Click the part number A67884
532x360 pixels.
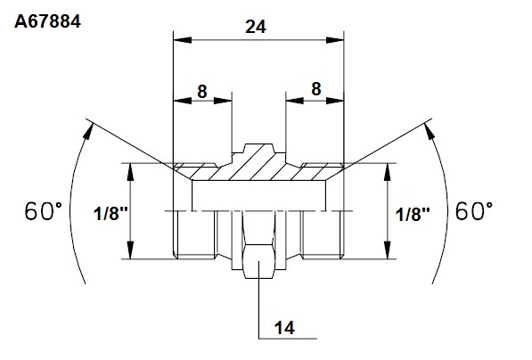coord(47,21)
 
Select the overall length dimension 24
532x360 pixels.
coord(256,27)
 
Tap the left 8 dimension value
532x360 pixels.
coord(202,91)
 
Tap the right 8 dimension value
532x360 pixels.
coord(315,89)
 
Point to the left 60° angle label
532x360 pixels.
coord(43,210)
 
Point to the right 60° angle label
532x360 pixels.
coord(474,210)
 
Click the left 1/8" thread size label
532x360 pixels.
coord(110,214)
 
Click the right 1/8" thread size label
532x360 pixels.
coord(413,215)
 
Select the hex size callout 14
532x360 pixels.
coord(284,328)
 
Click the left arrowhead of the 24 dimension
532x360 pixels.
coord(182,40)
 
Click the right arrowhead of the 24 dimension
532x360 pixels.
coord(335,40)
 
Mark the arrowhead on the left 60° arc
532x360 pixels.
coord(88,131)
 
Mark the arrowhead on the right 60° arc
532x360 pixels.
coord(430,131)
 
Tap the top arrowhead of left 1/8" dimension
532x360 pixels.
coord(131,172)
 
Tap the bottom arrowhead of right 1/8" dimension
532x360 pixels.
coord(388,250)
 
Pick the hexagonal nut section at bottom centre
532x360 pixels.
coord(258,260)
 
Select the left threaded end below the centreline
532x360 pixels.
coord(194,234)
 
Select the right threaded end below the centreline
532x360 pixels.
coord(323,234)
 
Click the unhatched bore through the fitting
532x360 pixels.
coord(259,195)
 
